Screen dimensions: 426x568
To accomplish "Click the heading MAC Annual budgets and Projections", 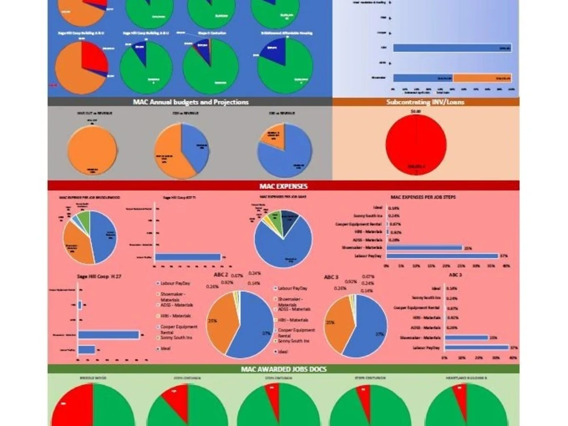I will pyautogui.click(x=190, y=102).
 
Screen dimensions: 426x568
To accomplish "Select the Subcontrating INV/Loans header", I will pyautogui.click(x=425, y=102).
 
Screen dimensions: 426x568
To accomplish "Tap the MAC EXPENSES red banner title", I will pyautogui.click(x=283, y=185).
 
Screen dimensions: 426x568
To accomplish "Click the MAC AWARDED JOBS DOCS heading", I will pyautogui.click(x=283, y=369).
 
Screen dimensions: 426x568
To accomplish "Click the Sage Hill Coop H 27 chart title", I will pyautogui.click(x=99, y=277).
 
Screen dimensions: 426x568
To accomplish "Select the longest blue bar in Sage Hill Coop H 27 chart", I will pyautogui.click(x=108, y=335).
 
